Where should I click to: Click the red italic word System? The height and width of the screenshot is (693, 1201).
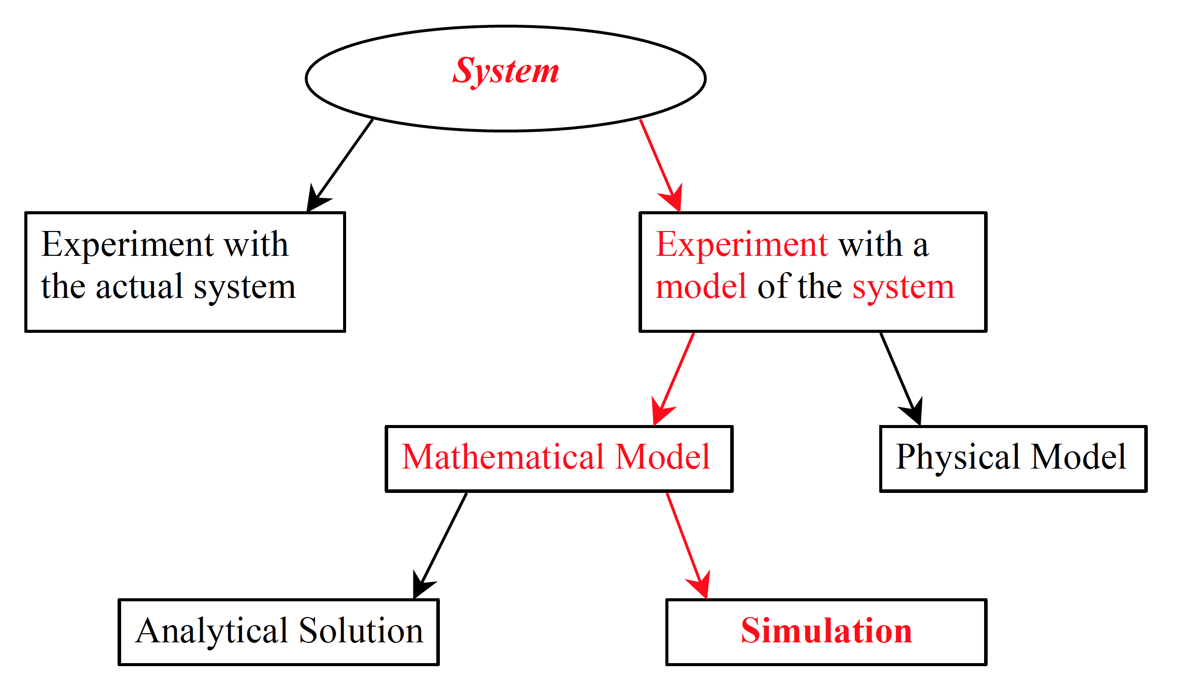(506, 71)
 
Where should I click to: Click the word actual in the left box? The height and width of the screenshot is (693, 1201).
(139, 287)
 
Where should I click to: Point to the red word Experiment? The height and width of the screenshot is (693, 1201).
(742, 245)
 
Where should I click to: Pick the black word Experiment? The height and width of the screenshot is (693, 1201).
(127, 245)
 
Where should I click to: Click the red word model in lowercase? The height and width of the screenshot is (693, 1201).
(701, 287)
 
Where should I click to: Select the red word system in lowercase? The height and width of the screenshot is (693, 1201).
(903, 288)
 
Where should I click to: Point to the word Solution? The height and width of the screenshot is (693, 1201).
(361, 631)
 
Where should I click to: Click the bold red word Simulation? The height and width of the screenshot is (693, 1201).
(827, 631)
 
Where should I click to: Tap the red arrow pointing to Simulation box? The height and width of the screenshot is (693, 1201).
(687, 545)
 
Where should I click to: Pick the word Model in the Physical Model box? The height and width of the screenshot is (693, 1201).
(1078, 457)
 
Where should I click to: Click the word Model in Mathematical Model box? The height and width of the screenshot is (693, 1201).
(663, 457)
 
